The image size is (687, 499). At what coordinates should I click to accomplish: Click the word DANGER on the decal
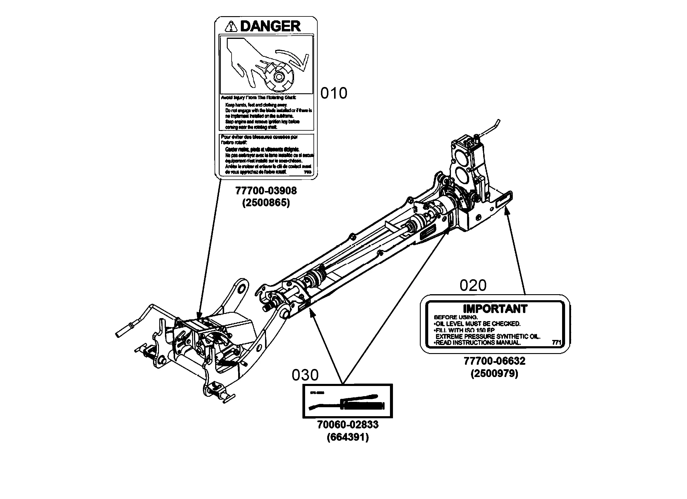[270, 26]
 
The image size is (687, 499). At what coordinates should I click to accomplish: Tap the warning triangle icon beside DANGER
[231, 27]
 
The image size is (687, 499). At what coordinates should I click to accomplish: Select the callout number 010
[333, 93]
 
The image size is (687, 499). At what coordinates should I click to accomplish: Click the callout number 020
[472, 285]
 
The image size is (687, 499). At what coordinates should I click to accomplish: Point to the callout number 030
[305, 375]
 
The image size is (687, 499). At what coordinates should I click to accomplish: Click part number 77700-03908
[266, 191]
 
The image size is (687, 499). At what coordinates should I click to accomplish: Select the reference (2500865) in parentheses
[266, 202]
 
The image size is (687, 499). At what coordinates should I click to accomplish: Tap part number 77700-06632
[494, 361]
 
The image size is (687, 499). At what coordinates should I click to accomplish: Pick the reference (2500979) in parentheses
[494, 373]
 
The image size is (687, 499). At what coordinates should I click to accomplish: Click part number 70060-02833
[348, 425]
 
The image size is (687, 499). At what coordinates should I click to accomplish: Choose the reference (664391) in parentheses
[348, 437]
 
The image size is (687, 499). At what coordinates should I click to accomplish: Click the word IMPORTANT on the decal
[495, 309]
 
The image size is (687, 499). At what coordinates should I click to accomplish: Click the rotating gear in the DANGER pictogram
[277, 77]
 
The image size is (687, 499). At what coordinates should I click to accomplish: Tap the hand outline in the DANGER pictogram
[245, 61]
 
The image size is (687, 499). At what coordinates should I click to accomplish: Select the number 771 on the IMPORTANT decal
[556, 343]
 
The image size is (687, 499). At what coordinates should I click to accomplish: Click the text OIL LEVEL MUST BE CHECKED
[478, 324]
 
